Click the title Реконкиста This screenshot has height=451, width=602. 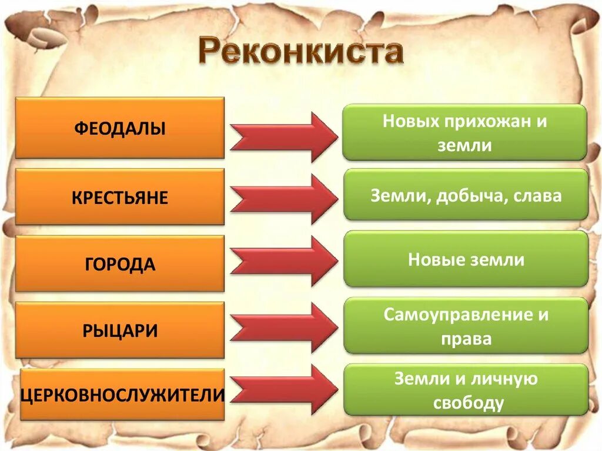tap(301, 52)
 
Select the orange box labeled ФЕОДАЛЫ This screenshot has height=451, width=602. tap(120, 128)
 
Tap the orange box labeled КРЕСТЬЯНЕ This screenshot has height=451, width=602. tap(120, 197)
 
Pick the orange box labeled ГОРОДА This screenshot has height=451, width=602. tap(120, 264)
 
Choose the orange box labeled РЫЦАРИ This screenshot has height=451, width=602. tap(120, 330)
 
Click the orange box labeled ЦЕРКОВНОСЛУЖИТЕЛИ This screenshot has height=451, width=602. tap(122, 395)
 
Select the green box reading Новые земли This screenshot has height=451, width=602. tap(466, 259)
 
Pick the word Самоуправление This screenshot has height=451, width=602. tap(457, 315)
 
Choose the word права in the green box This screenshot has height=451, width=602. tap(465, 339)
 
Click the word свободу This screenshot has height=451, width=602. tap(469, 403)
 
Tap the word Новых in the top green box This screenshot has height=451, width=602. tap(412, 122)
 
